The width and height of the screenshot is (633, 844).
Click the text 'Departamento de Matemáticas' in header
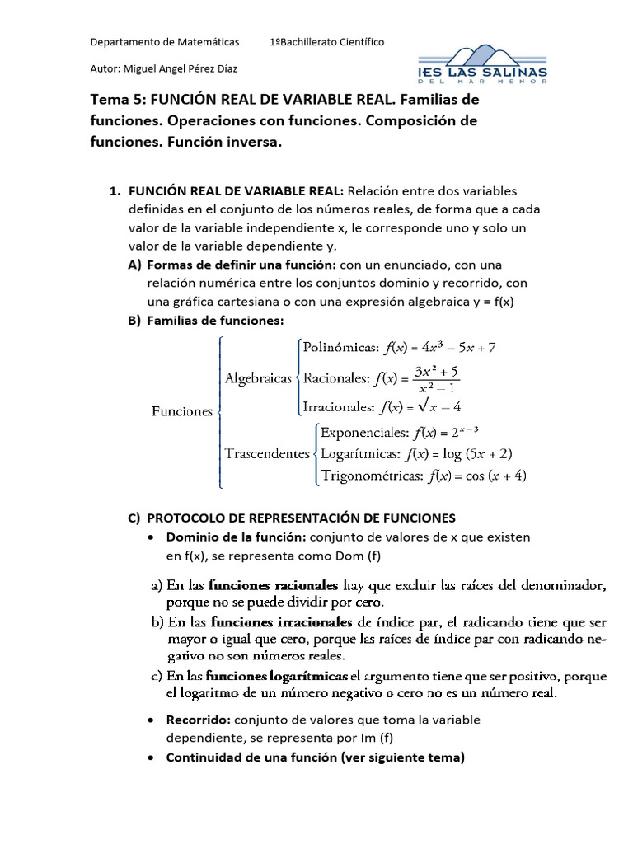pos(164,41)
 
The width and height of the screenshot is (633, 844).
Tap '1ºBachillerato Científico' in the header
pos(326,41)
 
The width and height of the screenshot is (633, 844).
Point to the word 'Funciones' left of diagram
pos(182,411)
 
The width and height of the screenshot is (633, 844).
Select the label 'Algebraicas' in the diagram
pos(258,378)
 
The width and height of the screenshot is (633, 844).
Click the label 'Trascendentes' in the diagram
pos(267,453)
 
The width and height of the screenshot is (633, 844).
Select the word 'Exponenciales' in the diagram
pos(363,432)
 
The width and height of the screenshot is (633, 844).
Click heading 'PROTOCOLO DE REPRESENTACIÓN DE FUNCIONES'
pos(301,518)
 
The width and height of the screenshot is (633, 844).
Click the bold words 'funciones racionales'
pos(274,587)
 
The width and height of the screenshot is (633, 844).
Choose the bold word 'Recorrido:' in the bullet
pos(198,720)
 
